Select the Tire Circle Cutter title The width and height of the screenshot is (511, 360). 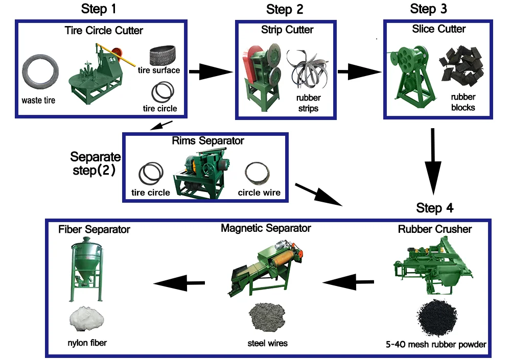(x=104, y=31)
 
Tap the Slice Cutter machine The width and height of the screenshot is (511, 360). (x=412, y=71)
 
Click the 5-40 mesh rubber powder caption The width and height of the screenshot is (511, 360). (x=435, y=345)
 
